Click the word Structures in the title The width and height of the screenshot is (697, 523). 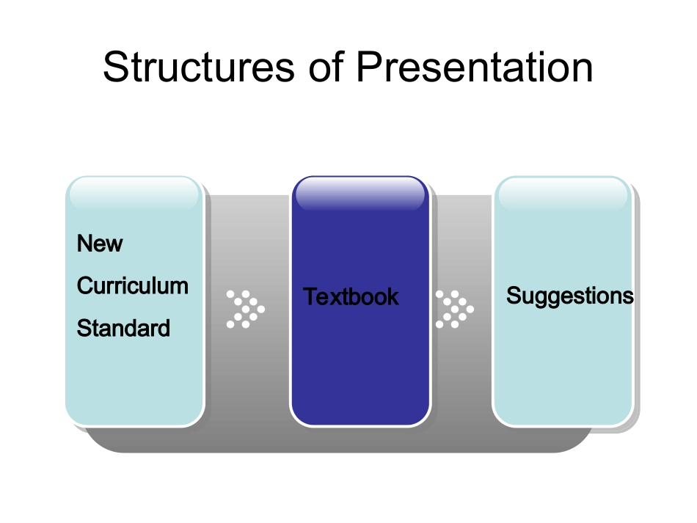click(199, 67)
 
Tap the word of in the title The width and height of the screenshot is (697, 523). click(326, 66)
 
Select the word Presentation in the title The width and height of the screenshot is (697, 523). click(475, 67)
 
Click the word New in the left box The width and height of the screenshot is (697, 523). click(100, 244)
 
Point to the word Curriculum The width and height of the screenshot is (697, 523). click(133, 286)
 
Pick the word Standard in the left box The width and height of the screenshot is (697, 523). click(123, 329)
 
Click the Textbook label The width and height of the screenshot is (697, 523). click(351, 296)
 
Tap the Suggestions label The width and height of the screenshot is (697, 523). click(570, 296)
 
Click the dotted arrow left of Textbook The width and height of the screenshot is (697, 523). click(245, 310)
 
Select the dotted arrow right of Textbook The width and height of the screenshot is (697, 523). click(454, 310)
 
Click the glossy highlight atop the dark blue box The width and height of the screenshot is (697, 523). click(360, 194)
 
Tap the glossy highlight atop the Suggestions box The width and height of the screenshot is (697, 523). click(563, 194)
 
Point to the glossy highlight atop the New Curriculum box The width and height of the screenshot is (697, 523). click(134, 194)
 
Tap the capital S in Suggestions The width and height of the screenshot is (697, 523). click(514, 295)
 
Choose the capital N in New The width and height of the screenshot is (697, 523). click(84, 244)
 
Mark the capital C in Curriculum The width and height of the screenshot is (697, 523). click(85, 286)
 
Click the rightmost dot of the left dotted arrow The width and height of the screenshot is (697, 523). click(261, 310)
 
